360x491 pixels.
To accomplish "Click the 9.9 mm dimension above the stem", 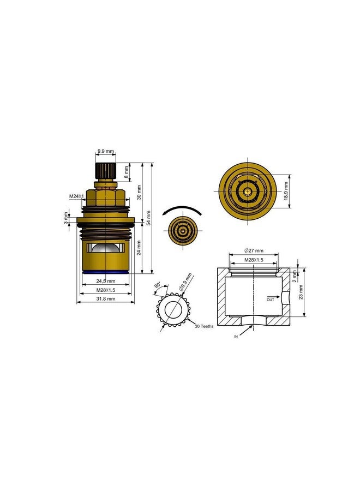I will pyautogui.click(x=106, y=152).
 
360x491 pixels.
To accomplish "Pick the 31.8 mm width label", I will pyautogui.click(x=106, y=298).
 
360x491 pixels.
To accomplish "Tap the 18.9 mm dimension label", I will pyautogui.click(x=286, y=191).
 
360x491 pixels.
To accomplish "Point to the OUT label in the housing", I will pyautogui.click(x=271, y=300).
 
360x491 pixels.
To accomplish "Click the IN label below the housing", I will pyautogui.click(x=236, y=337).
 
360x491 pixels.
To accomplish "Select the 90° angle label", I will pyautogui.click(x=158, y=285).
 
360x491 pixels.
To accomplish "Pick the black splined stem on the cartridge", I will pyautogui.click(x=106, y=170).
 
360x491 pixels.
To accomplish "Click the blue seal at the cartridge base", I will pyautogui.click(x=106, y=271).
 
